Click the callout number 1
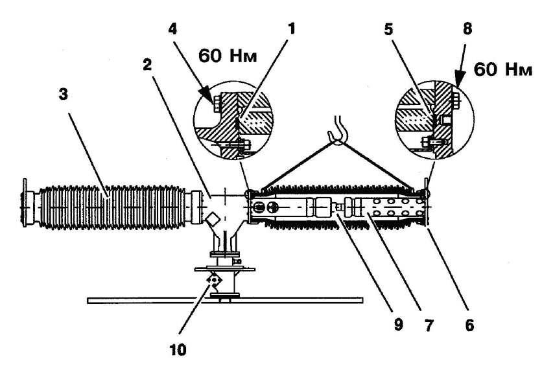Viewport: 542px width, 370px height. pyautogui.click(x=292, y=29)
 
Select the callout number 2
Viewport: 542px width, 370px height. pyautogui.click(x=148, y=65)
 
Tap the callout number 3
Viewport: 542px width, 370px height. pyautogui.click(x=64, y=95)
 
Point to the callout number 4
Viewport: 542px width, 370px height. pyautogui.click(x=173, y=29)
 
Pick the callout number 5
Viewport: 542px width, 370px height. pyautogui.click(x=389, y=30)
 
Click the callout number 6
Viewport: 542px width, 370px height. pyautogui.click(x=469, y=325)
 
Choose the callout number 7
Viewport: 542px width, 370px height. pyautogui.click(x=429, y=325)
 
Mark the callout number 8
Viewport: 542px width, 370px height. pyautogui.click(x=467, y=29)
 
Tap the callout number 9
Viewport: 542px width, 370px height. pyautogui.click(x=398, y=325)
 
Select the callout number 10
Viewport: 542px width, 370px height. pyautogui.click(x=178, y=350)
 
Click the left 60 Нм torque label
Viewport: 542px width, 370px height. pyautogui.click(x=228, y=55)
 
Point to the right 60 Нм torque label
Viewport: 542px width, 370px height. pyautogui.click(x=503, y=69)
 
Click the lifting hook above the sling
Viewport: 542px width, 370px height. pyautogui.click(x=338, y=131)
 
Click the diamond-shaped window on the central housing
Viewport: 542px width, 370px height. pyautogui.click(x=213, y=218)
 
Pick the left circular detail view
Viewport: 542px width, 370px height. pyautogui.click(x=233, y=121)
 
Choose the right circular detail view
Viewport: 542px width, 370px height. pyautogui.click(x=434, y=121)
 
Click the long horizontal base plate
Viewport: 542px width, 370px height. pyautogui.click(x=225, y=300)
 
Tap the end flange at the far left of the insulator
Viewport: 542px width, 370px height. pyautogui.click(x=24, y=202)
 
